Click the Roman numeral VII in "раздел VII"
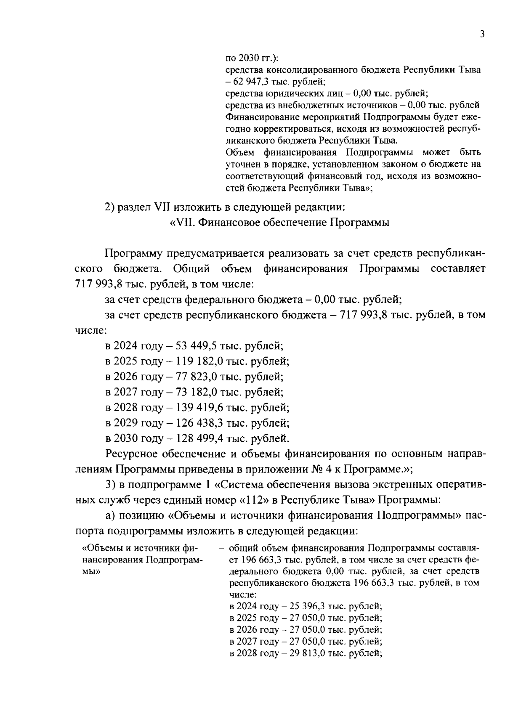(162, 207)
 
